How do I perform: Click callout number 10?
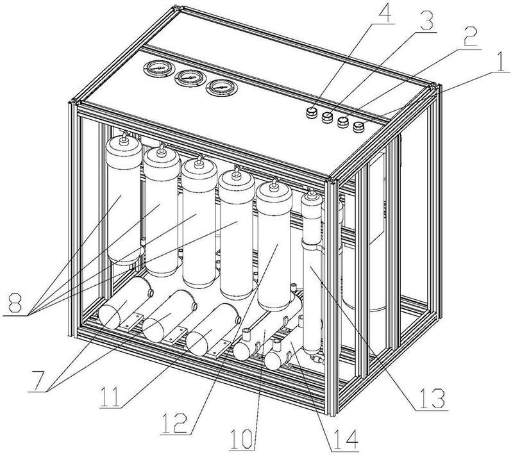pos(242,441)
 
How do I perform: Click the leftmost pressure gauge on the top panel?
pos(155,69)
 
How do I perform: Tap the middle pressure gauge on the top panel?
pos(187,78)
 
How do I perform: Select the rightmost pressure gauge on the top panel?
pos(218,87)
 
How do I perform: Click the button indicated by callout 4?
pos(311,112)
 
